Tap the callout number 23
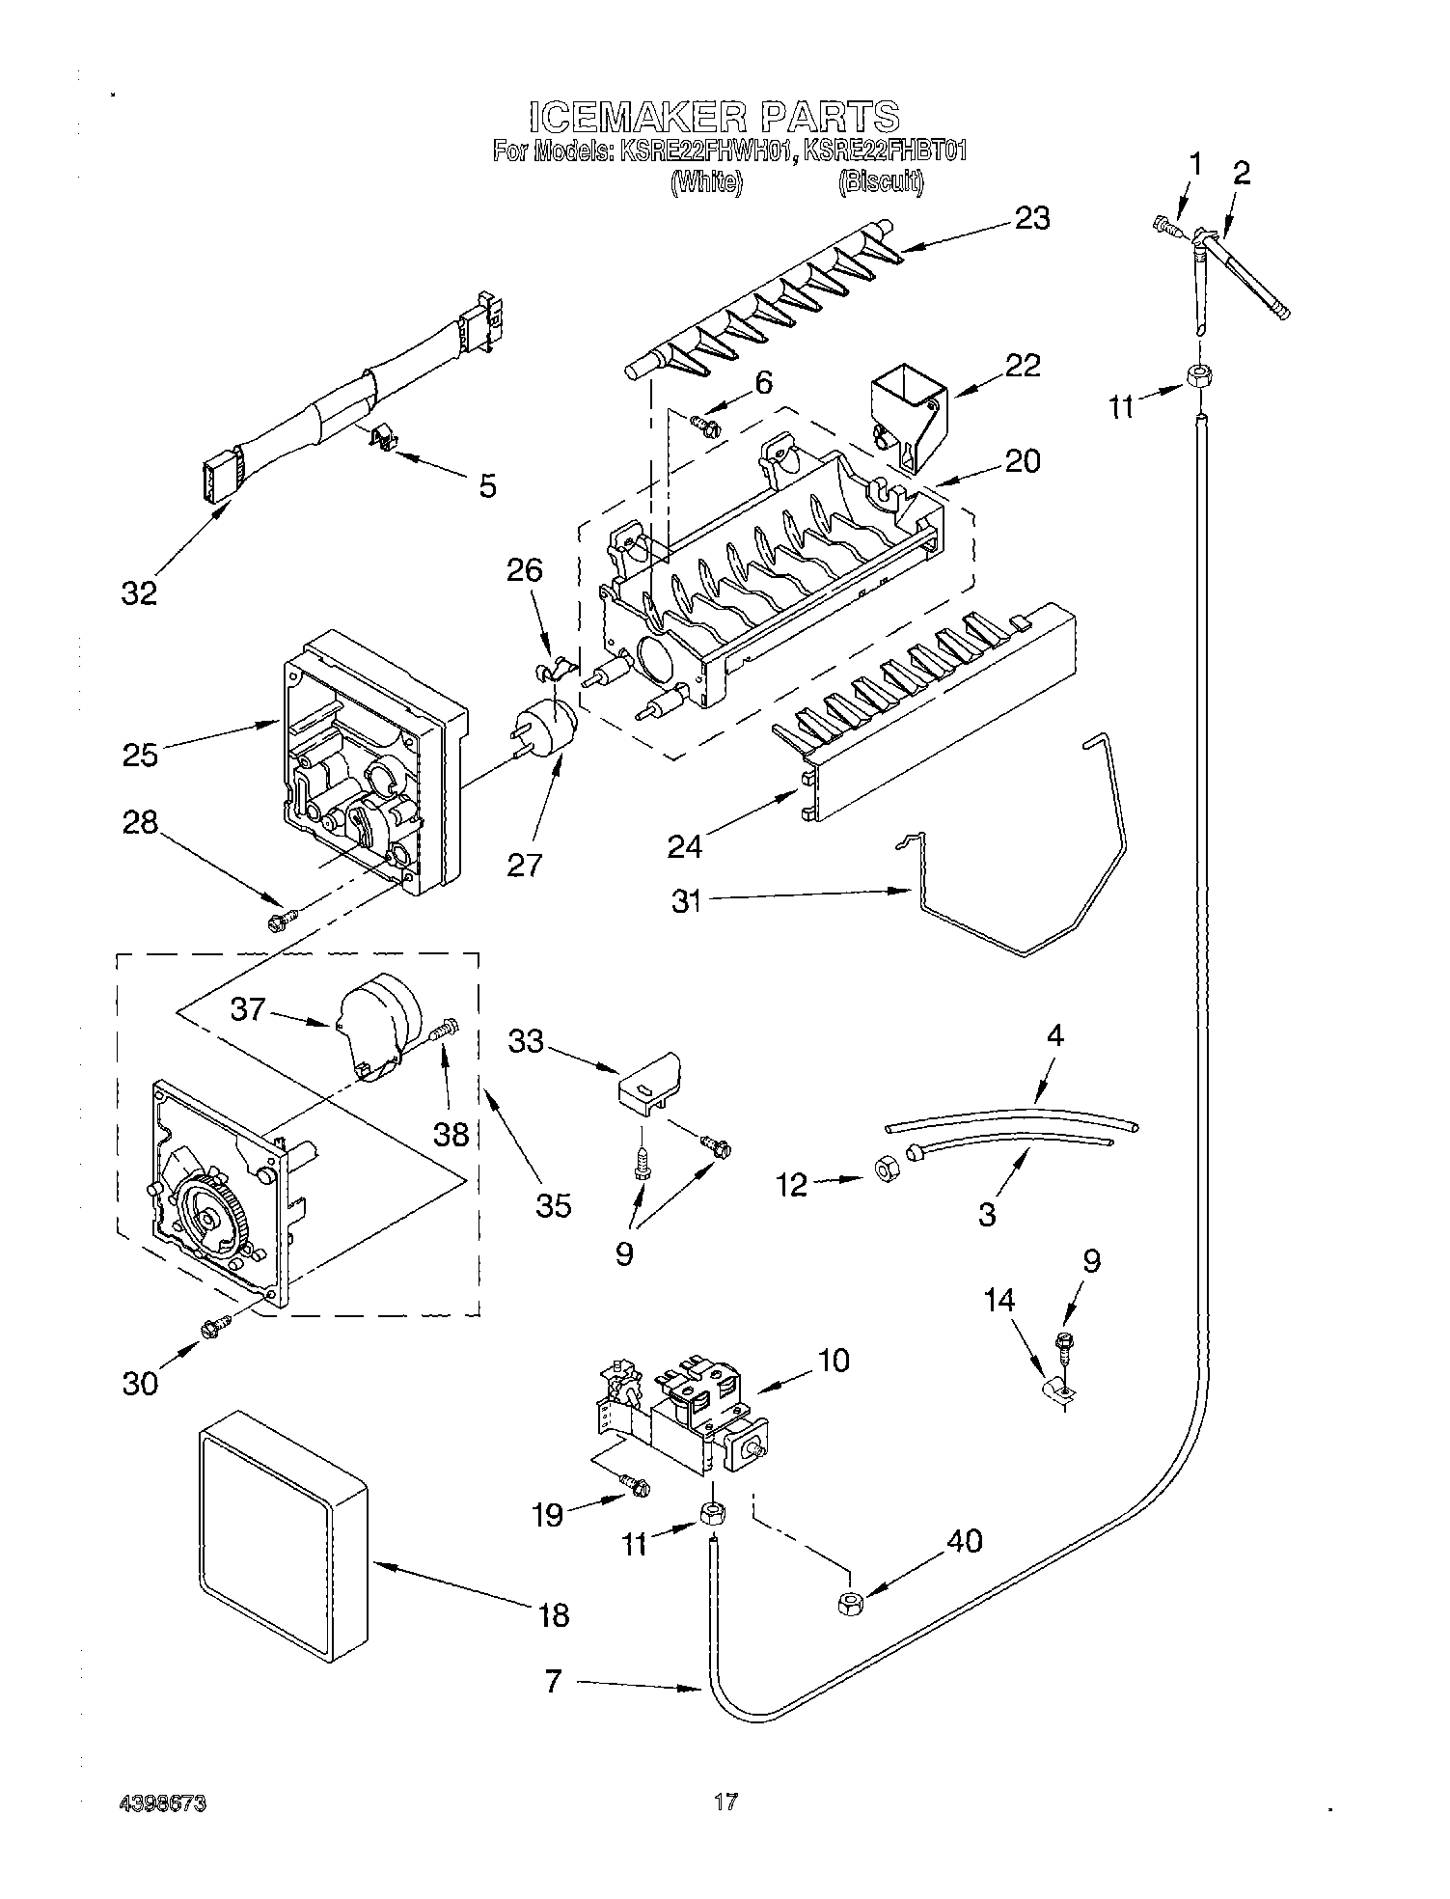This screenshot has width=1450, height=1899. [x=1030, y=218]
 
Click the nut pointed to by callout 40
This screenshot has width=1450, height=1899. [x=849, y=1604]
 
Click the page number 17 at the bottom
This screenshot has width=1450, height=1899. [x=725, y=1801]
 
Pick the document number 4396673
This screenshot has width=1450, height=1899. [x=164, y=1803]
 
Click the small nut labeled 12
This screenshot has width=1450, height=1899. [x=882, y=1170]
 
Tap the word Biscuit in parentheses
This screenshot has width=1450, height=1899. [x=880, y=182]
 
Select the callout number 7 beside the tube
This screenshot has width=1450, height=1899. [x=552, y=1683]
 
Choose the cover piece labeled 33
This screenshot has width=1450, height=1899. [x=649, y=1082]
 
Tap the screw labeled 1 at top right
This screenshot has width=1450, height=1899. [x=1165, y=227]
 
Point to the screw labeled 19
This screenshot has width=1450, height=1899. [x=636, y=1486]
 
